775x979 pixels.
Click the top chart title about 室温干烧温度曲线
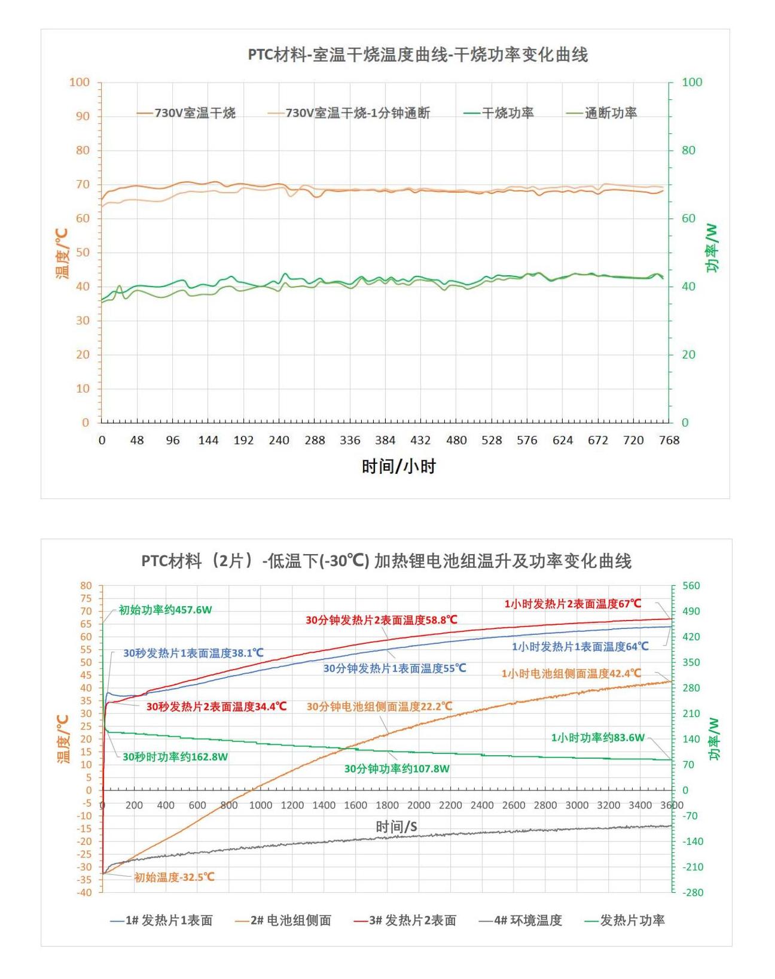(417, 55)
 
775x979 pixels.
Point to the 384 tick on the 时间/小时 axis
(385, 440)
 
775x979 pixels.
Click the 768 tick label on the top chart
(669, 440)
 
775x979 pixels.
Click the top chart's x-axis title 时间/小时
(398, 466)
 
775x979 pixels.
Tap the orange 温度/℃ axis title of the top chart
(62, 253)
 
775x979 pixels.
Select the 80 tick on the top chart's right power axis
(688, 150)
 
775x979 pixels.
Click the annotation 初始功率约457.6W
(165, 610)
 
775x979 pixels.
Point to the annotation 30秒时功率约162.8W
(175, 757)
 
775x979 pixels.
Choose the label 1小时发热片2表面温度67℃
(572, 604)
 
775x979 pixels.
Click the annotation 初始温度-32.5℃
(174, 877)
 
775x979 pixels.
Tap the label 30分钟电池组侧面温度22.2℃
(379, 707)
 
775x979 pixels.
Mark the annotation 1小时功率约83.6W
(597, 738)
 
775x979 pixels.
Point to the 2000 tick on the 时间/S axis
(419, 805)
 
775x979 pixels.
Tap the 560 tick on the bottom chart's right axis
(691, 586)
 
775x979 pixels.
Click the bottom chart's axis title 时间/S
(396, 826)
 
